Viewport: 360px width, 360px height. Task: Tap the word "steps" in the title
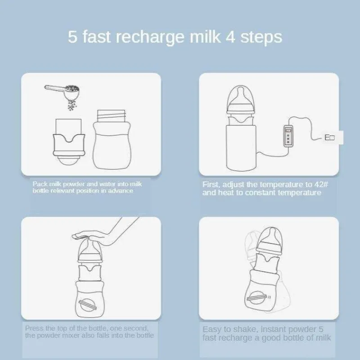point(261,37)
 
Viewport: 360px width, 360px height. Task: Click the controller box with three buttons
point(288,136)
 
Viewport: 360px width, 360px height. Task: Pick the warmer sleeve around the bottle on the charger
point(241,148)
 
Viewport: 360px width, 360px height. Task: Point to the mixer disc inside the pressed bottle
point(88,305)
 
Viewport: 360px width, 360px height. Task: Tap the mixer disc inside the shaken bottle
point(257,297)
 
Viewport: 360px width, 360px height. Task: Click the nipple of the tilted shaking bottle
point(271,237)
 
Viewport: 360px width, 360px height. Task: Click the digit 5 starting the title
point(72,37)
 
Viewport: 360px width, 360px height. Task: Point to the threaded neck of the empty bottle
point(112,116)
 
